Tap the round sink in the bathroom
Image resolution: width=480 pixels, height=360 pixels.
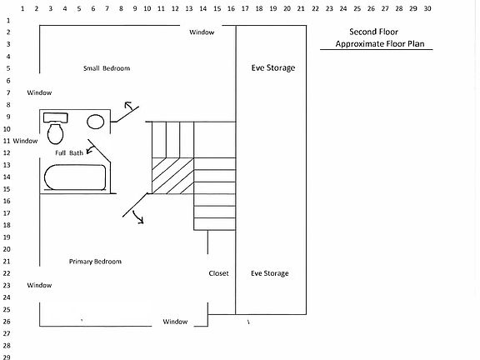[x=96, y=122]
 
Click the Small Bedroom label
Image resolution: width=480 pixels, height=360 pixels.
[x=107, y=68]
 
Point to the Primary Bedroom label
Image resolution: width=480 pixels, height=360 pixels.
[x=95, y=262]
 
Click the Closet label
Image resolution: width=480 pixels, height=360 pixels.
[x=218, y=273]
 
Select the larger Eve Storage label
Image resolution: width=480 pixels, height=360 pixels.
[x=273, y=67]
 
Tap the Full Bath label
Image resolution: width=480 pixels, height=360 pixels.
[x=69, y=152]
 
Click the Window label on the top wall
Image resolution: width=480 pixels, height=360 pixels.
[x=202, y=32]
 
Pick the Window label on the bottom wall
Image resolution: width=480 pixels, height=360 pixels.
[x=175, y=322]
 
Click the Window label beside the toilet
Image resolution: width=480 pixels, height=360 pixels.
[x=25, y=141]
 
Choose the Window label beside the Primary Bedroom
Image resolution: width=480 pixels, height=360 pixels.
[x=39, y=285]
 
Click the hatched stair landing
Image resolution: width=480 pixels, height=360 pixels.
[x=173, y=176]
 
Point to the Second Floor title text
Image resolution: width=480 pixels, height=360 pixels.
[x=374, y=32]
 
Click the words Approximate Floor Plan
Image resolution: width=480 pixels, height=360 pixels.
[x=380, y=44]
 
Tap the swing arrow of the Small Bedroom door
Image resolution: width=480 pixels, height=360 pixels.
[x=129, y=105]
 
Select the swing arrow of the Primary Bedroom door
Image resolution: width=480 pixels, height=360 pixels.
[x=138, y=217]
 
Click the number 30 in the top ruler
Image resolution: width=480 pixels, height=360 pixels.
[x=427, y=8]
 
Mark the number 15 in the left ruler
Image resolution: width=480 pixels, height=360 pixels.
[x=7, y=189]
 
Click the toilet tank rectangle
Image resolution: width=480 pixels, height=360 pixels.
[x=55, y=117]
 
